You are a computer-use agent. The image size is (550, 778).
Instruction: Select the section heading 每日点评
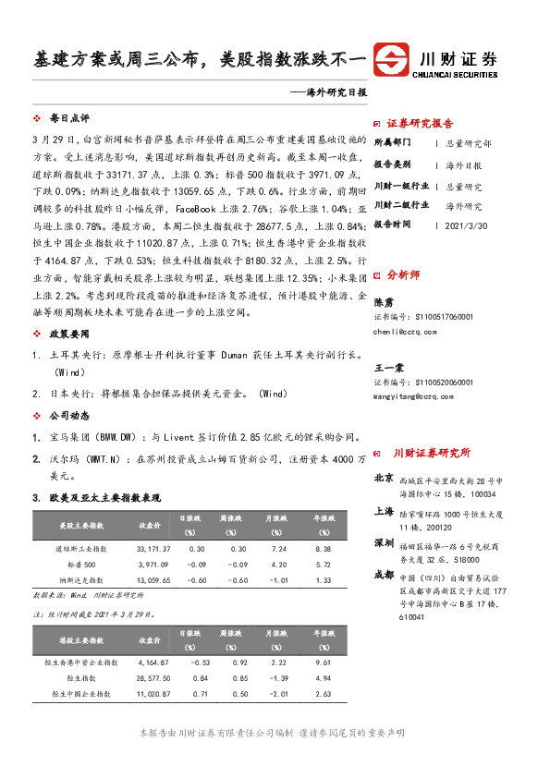68,119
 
